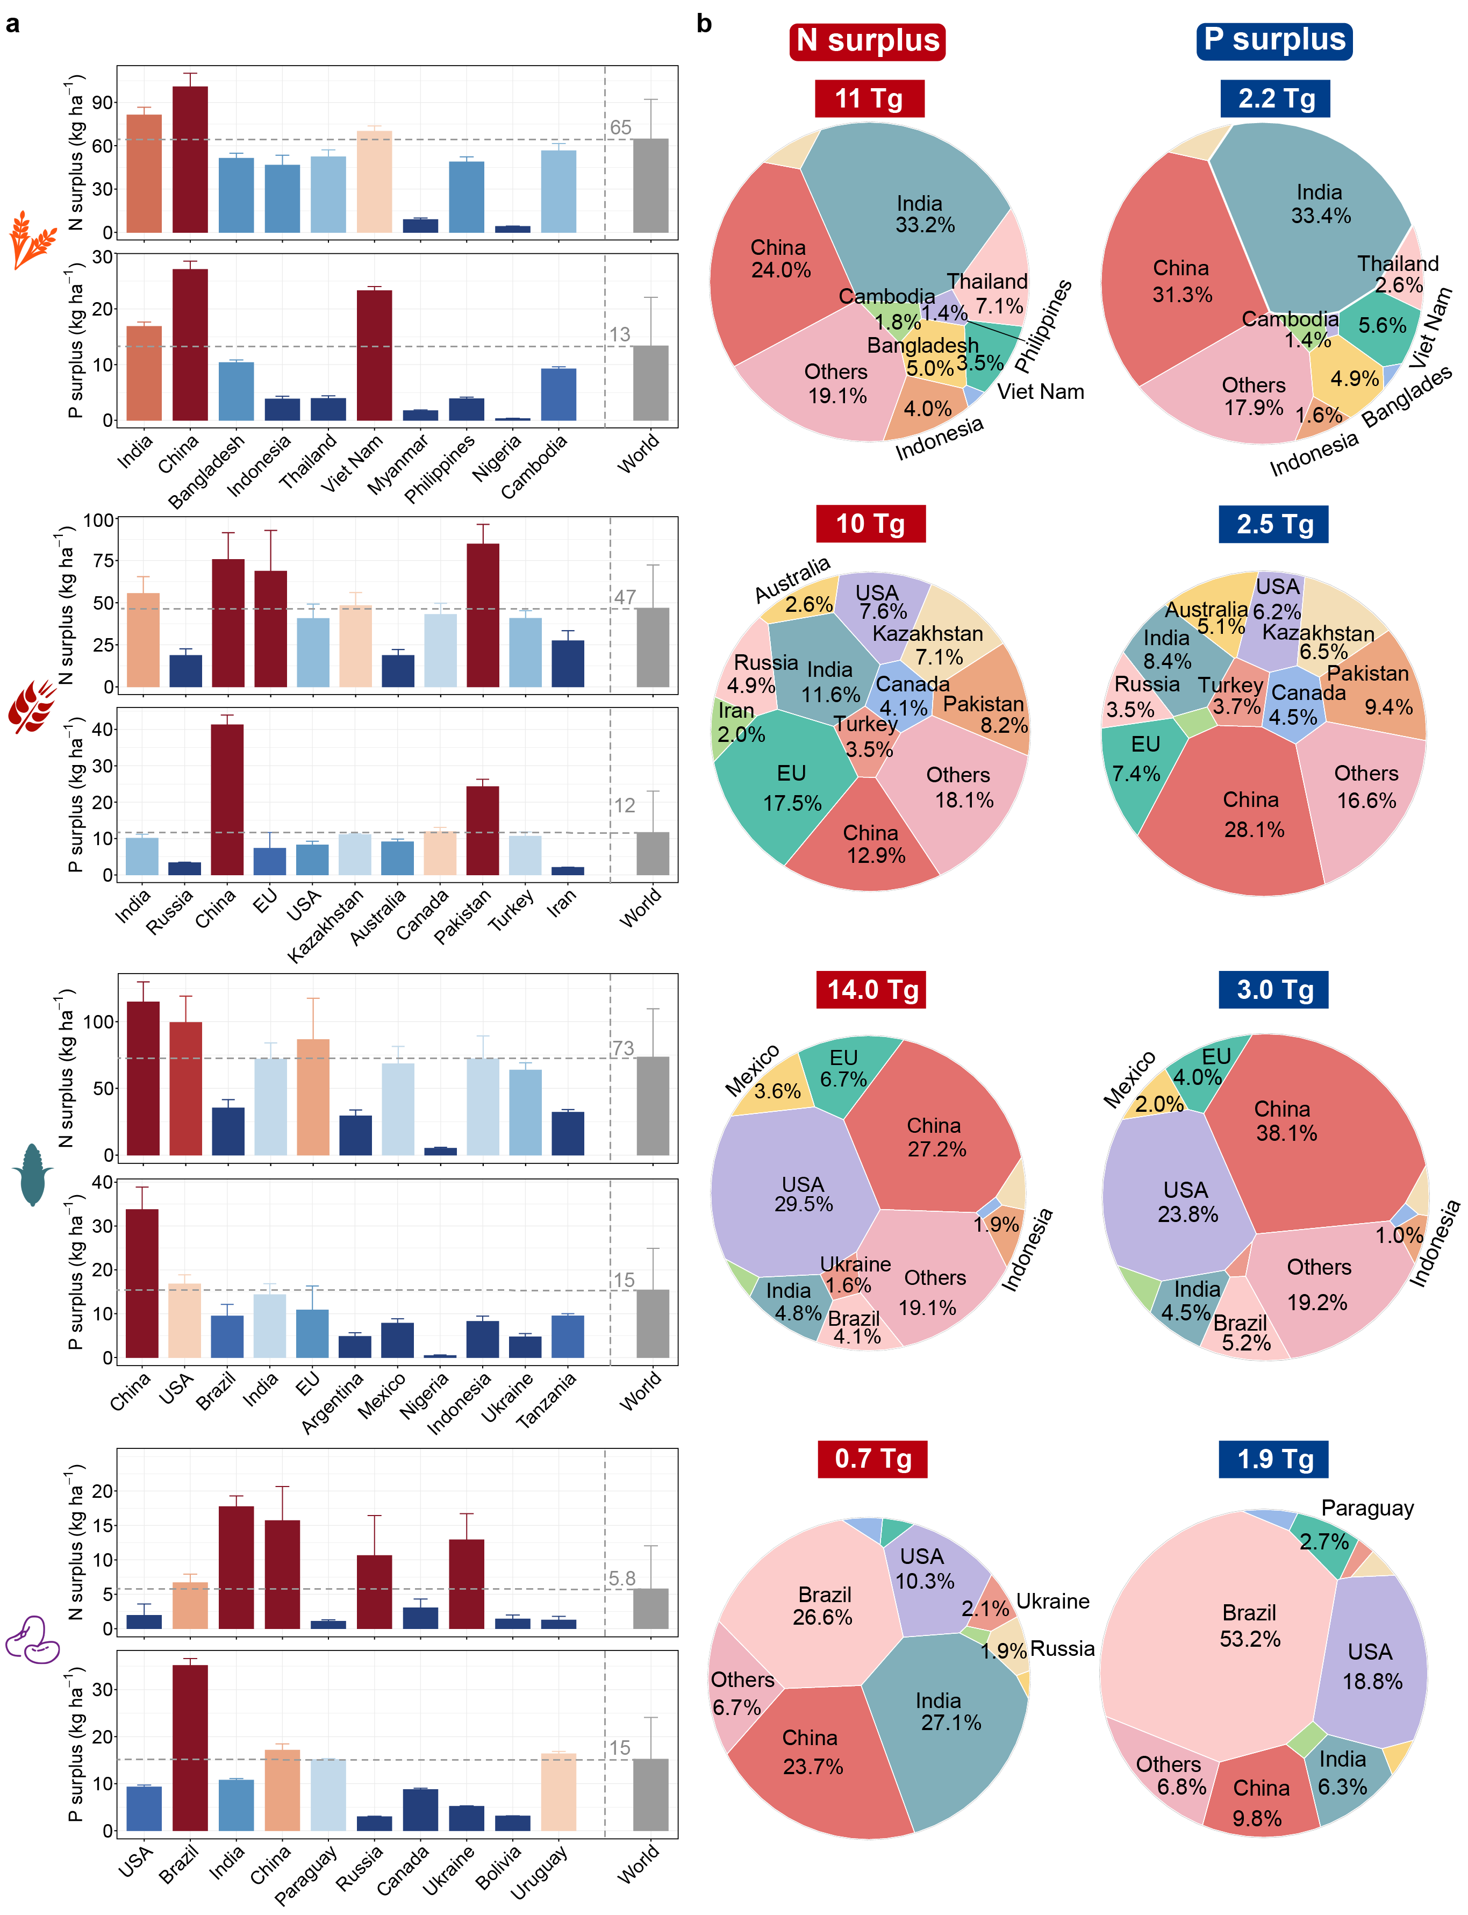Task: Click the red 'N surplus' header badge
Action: pos(867,41)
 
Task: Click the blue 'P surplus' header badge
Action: pos(1274,40)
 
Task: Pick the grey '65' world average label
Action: pos(620,127)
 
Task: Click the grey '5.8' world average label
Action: pos(622,1578)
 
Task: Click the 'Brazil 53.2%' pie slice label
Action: pos(1250,1626)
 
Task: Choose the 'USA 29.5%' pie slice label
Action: pos(803,1194)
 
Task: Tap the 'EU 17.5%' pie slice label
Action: pos(792,788)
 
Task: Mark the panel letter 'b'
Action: pos(704,24)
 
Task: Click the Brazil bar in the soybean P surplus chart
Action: pos(190,1747)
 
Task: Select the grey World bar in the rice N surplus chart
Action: pos(650,185)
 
